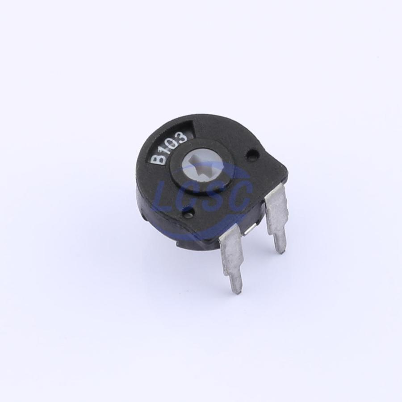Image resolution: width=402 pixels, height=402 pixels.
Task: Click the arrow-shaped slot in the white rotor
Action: click(x=202, y=167)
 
